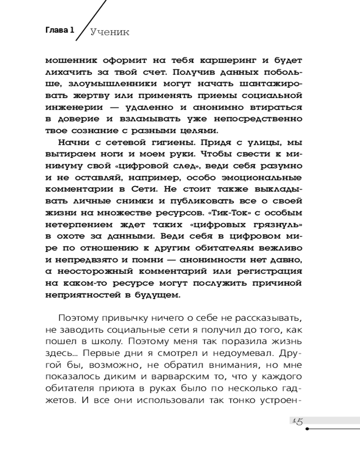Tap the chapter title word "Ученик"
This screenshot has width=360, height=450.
click(110, 32)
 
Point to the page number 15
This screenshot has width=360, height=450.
click(297, 421)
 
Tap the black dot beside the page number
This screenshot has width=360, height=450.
click(307, 428)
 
